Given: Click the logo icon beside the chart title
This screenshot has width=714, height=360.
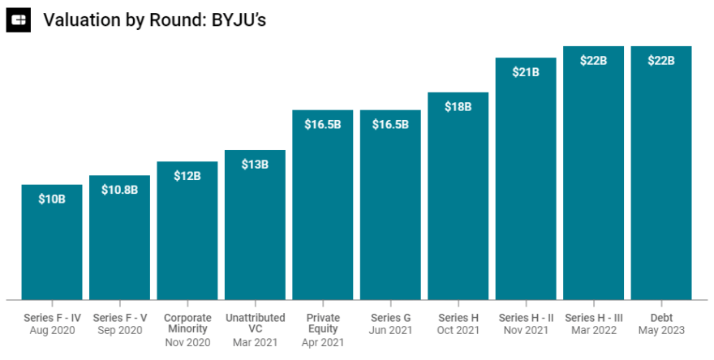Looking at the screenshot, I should [x=18, y=19].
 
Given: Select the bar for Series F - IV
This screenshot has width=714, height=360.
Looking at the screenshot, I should [x=52, y=243].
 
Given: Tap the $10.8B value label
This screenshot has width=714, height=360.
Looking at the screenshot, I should [x=119, y=190].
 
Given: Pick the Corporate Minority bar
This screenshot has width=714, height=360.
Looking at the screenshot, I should [x=187, y=235].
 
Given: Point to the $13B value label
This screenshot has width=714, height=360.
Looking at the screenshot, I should [x=255, y=165].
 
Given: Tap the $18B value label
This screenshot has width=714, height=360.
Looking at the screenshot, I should [x=458, y=106].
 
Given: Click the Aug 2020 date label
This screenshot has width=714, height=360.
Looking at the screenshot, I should [x=52, y=331].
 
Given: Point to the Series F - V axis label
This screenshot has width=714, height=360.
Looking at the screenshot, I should [x=119, y=318].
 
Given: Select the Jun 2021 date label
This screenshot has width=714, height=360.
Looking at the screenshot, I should [x=390, y=331].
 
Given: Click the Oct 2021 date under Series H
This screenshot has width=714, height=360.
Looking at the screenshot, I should [x=458, y=331].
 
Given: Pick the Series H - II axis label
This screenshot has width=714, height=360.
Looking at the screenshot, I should [x=526, y=318].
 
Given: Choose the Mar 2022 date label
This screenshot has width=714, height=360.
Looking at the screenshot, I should [x=593, y=331].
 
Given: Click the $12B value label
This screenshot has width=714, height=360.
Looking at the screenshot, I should [x=187, y=176].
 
